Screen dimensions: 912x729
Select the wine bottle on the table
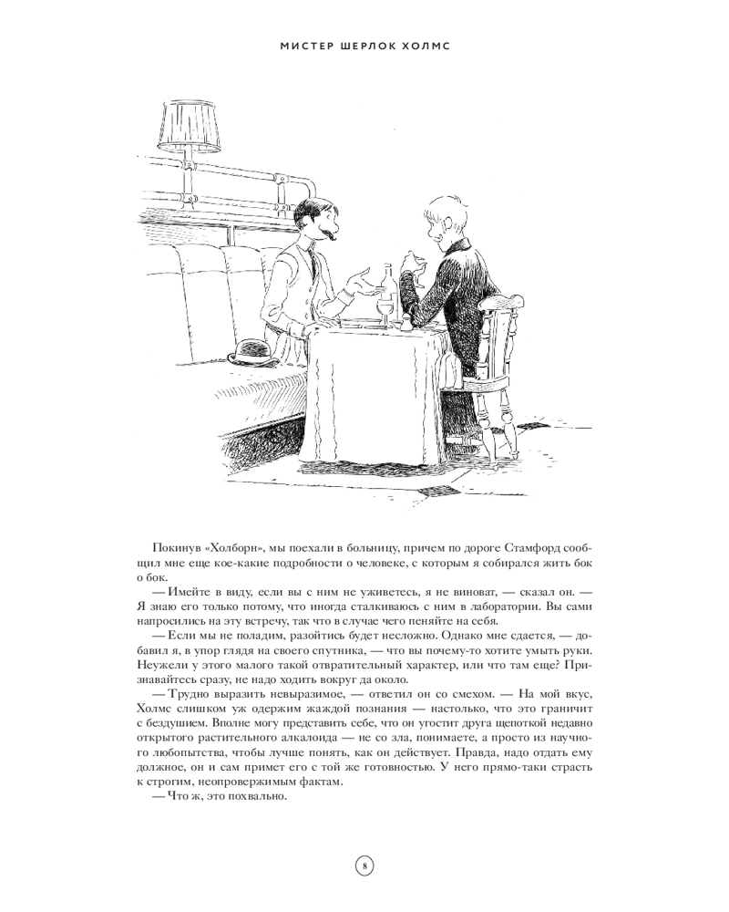click(x=387, y=289)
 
